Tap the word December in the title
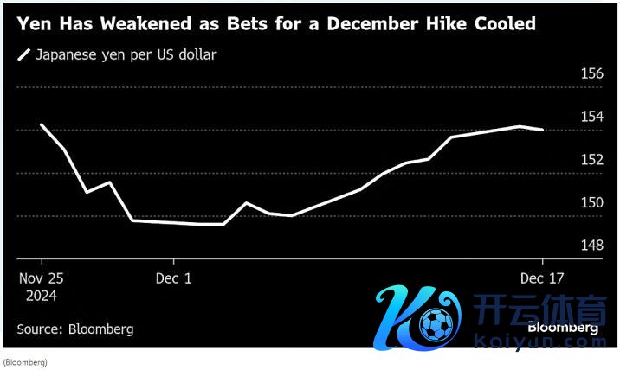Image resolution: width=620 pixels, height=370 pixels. pos(352,24)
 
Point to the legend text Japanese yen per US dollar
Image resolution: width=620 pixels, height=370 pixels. pos(126,55)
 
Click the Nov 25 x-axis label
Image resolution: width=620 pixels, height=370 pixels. pos(41,278)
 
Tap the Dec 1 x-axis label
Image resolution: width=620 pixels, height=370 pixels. pos(174,278)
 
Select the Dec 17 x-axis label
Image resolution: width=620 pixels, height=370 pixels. pos(542,278)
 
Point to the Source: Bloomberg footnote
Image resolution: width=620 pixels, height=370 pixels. pos(75,329)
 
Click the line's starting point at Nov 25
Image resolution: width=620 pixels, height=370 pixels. pos(42,125)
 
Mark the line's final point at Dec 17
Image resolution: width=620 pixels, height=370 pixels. pos(542,130)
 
